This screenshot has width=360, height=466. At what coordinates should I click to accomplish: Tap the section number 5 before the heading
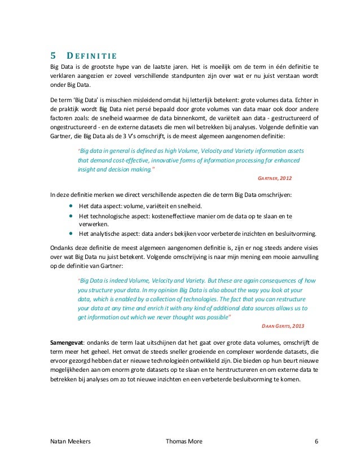click(x=54, y=55)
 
